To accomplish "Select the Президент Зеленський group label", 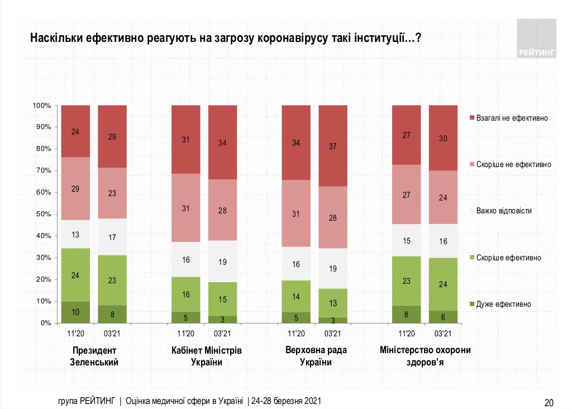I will click(x=94, y=356).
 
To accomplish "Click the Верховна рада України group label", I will click(x=314, y=356).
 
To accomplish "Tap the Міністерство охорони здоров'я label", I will click(x=425, y=356).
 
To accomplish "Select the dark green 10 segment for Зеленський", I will click(x=75, y=312).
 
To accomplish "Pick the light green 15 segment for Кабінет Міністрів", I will click(x=222, y=299).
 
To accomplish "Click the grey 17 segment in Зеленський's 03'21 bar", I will click(x=112, y=237).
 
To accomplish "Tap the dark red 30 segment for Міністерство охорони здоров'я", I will click(x=443, y=137).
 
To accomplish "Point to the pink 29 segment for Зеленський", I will click(x=75, y=188).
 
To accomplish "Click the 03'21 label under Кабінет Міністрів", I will click(x=222, y=334).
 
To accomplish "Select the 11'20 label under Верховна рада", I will click(x=296, y=334).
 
